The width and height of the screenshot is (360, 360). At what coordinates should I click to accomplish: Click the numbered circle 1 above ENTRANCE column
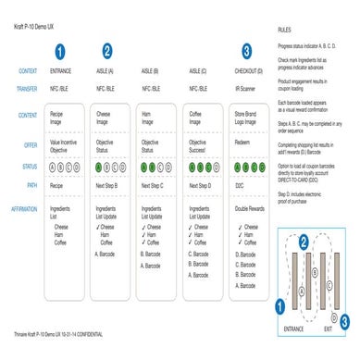point(61,51)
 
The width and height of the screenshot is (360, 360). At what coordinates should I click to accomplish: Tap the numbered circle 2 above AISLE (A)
point(107,51)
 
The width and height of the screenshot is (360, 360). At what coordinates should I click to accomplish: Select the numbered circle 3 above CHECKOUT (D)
point(245,51)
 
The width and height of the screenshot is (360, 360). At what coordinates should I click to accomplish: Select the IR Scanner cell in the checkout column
point(245,89)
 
